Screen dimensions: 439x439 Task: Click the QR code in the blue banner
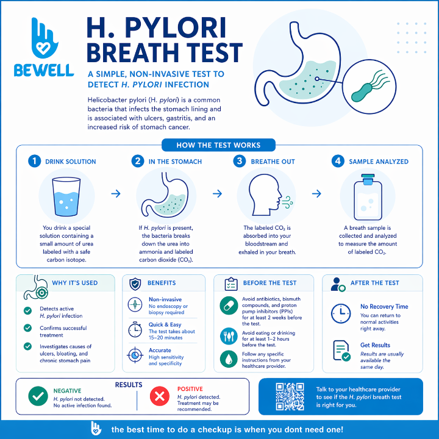click(x=289, y=397)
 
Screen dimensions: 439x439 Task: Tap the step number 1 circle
click(x=34, y=162)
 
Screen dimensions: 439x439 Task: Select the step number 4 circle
click(x=337, y=162)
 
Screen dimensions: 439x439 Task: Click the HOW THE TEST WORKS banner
click(x=218, y=145)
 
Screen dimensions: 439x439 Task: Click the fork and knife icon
click(x=228, y=335)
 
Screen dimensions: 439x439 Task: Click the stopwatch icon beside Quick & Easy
click(x=135, y=329)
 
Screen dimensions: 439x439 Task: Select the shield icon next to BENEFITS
click(x=135, y=284)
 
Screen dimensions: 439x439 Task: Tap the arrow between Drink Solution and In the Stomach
click(x=115, y=193)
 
